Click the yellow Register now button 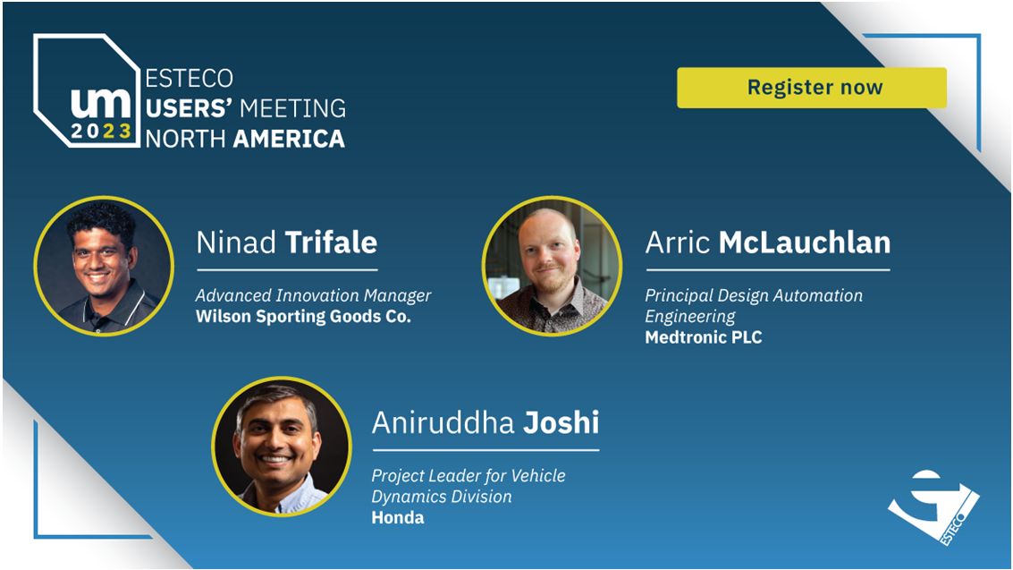(812, 88)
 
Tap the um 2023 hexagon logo (87, 90)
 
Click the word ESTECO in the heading (189, 78)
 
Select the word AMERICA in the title (289, 139)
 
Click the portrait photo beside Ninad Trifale (104, 266)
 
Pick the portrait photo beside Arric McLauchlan (552, 266)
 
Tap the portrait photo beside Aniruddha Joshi (282, 446)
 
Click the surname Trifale (332, 243)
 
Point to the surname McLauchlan (805, 243)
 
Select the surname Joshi (561, 422)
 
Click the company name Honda (397, 517)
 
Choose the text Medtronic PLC (704, 337)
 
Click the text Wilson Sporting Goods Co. (303, 317)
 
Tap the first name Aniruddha (443, 422)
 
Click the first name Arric (678, 243)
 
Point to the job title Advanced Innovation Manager (313, 295)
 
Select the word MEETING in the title (292, 108)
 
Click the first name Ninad (236, 243)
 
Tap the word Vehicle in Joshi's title (538, 476)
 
